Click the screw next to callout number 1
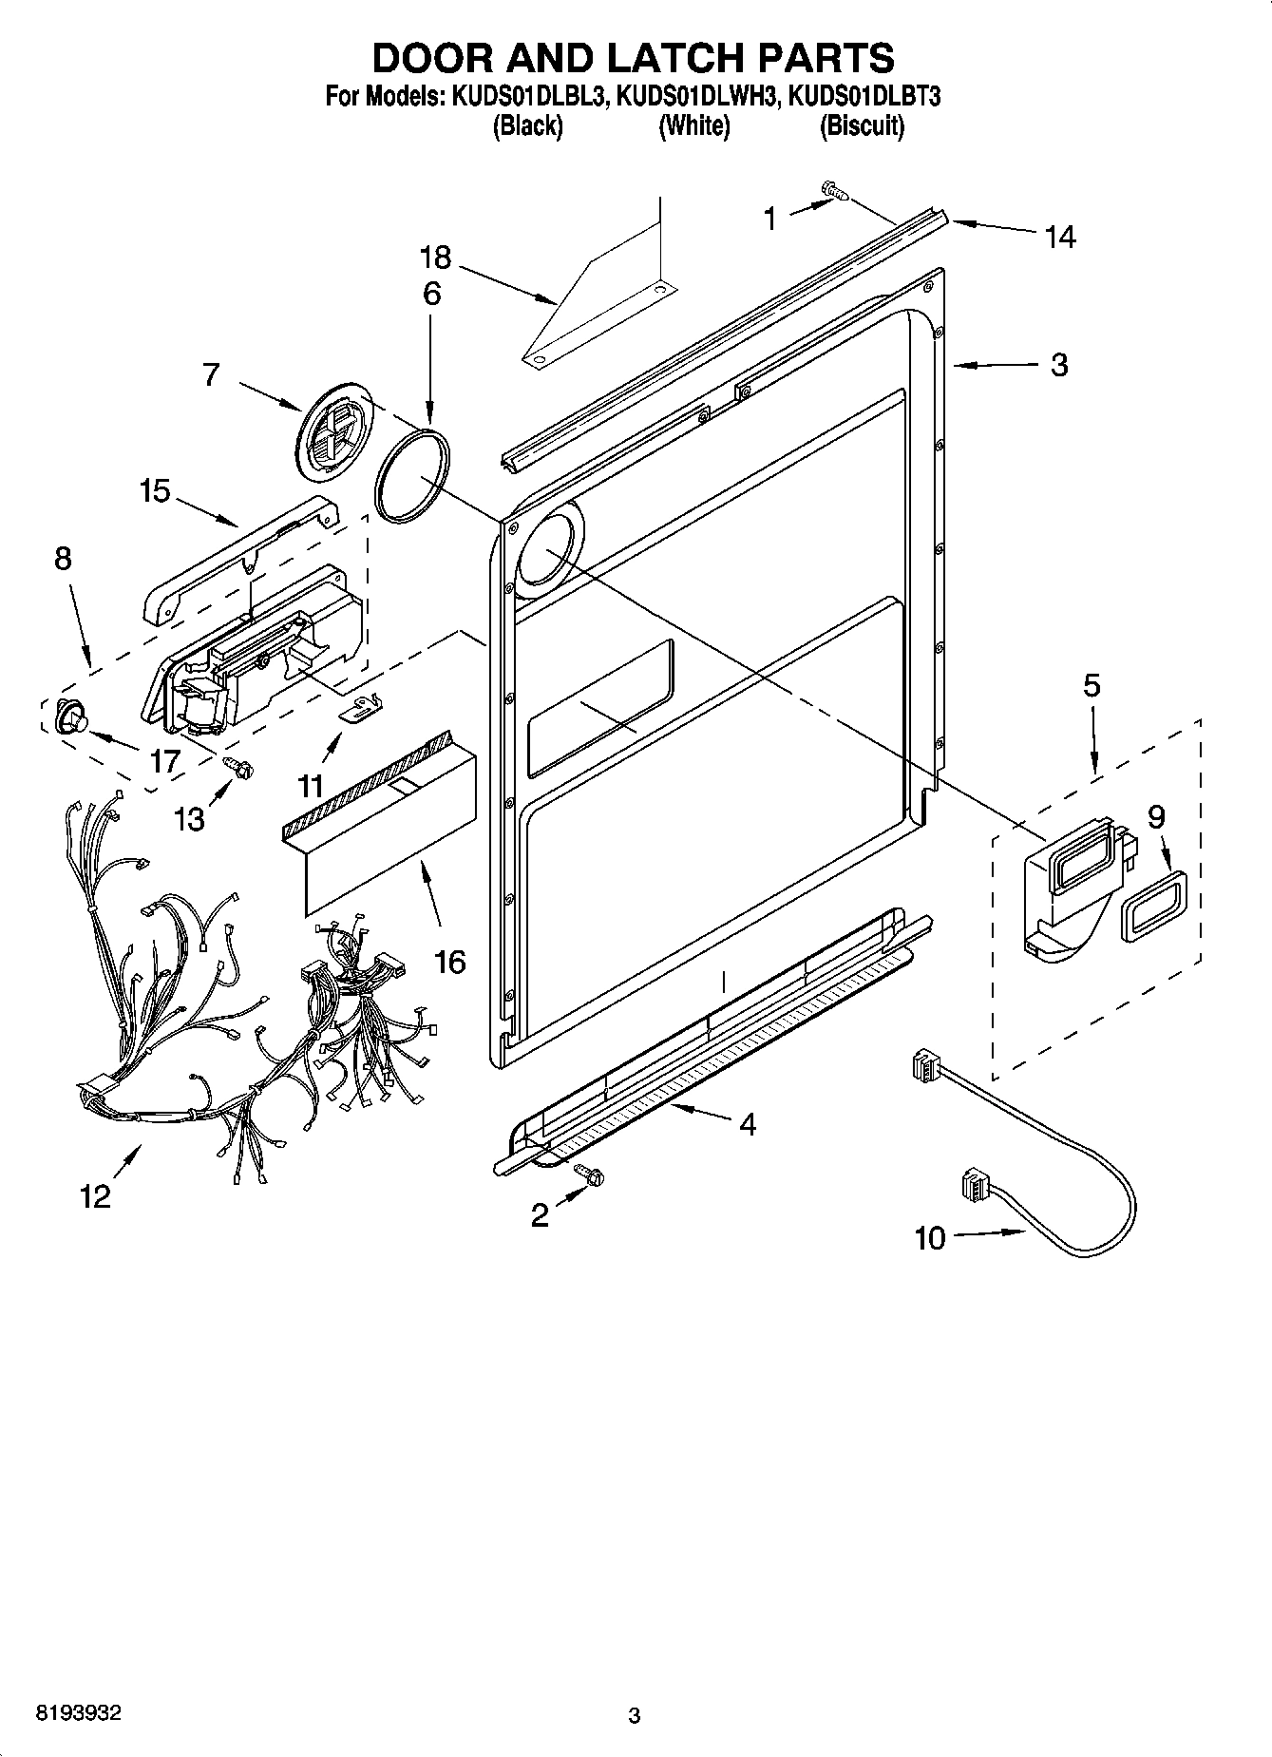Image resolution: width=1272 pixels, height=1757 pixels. pos(835,192)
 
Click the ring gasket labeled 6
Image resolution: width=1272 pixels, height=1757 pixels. pos(411,475)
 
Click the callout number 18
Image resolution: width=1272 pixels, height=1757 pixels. pos(436,258)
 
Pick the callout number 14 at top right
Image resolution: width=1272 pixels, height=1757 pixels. pos(1059,237)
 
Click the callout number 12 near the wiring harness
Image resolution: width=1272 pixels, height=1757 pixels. pos(95,1196)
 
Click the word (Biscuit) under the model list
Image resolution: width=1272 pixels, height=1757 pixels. pos(862,125)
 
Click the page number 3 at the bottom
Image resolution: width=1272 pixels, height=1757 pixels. pos(635,1715)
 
